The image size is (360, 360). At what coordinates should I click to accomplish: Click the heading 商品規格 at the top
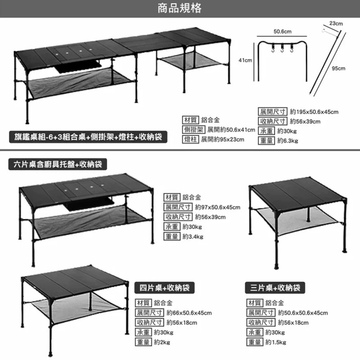click(x=180, y=8)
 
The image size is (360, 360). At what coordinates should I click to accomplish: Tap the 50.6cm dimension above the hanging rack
click(x=282, y=32)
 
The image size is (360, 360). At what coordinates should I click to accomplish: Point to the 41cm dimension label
click(x=245, y=61)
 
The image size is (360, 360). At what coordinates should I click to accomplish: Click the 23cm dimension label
click(x=336, y=24)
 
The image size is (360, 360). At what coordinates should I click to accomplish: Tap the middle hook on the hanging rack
click(x=283, y=49)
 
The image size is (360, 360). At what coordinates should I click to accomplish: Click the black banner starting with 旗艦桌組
click(x=87, y=137)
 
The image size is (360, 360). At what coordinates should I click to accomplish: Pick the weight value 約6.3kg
click(x=288, y=141)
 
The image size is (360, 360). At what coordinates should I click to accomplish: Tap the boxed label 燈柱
click(x=191, y=139)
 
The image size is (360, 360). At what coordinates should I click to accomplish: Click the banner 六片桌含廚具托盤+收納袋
click(x=58, y=164)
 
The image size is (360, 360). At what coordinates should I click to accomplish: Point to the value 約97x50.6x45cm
click(x=217, y=207)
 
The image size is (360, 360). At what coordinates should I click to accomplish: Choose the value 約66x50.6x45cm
click(x=189, y=313)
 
